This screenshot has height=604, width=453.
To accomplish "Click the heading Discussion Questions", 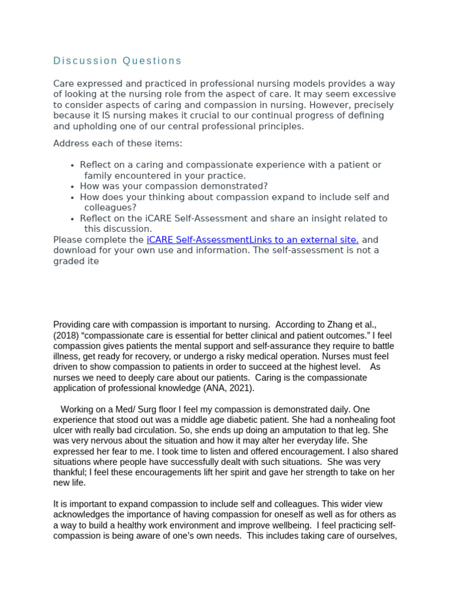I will (117, 61).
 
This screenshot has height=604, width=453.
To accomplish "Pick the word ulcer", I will (64, 431).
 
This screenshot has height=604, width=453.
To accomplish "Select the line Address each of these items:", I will (118, 144).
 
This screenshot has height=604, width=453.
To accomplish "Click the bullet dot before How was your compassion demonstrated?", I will (72, 187).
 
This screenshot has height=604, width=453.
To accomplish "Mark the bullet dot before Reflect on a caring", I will (72, 166).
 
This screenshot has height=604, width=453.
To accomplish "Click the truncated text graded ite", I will (76, 261).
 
